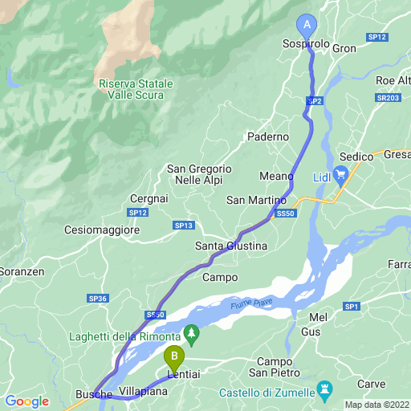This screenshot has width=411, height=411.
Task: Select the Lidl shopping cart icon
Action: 340,173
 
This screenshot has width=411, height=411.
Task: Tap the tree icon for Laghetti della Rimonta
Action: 191,332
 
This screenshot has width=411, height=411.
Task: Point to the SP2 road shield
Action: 315,101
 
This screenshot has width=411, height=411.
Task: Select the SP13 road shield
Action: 184,226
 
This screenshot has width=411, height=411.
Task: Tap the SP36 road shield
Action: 98,299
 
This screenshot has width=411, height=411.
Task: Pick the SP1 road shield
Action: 351,306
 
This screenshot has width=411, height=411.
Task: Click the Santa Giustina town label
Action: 230,246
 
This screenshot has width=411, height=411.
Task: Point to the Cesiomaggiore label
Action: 103,230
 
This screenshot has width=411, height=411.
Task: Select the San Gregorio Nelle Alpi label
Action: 199,175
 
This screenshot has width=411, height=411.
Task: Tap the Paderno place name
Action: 267,137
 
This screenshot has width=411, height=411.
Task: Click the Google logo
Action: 26,401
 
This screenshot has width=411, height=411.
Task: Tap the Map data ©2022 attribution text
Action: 376,404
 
